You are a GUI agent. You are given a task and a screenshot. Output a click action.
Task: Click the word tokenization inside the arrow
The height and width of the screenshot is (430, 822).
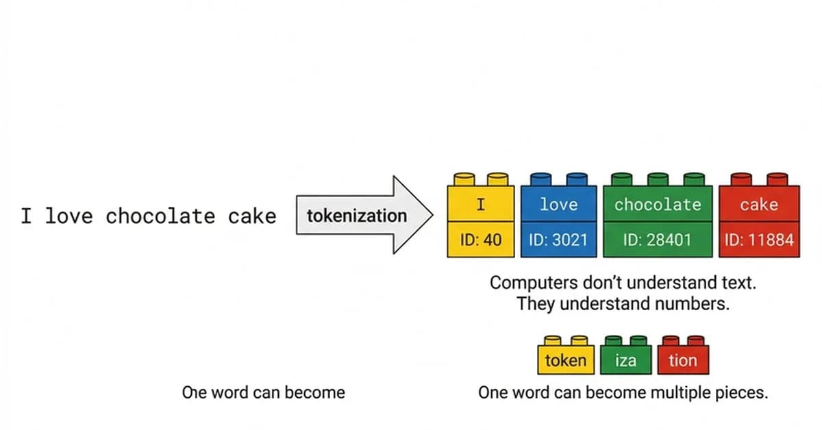(356, 216)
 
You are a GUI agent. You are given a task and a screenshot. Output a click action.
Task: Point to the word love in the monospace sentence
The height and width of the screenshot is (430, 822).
(69, 216)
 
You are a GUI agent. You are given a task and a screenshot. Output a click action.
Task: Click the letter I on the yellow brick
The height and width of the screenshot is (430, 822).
(481, 204)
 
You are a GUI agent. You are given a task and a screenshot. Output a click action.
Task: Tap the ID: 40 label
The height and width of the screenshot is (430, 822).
(481, 240)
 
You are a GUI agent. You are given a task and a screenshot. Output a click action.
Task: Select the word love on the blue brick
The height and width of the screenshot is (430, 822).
(558, 204)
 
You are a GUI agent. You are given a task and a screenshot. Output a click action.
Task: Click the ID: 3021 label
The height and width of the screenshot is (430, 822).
(558, 240)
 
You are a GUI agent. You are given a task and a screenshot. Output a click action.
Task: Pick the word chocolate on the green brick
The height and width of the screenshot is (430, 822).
(658, 204)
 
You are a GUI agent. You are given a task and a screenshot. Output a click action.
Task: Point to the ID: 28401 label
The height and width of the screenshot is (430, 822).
(658, 240)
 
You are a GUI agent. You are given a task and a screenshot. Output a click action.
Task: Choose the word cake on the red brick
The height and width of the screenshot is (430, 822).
(758, 204)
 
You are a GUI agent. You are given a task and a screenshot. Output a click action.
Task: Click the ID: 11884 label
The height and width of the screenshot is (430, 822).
(759, 240)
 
